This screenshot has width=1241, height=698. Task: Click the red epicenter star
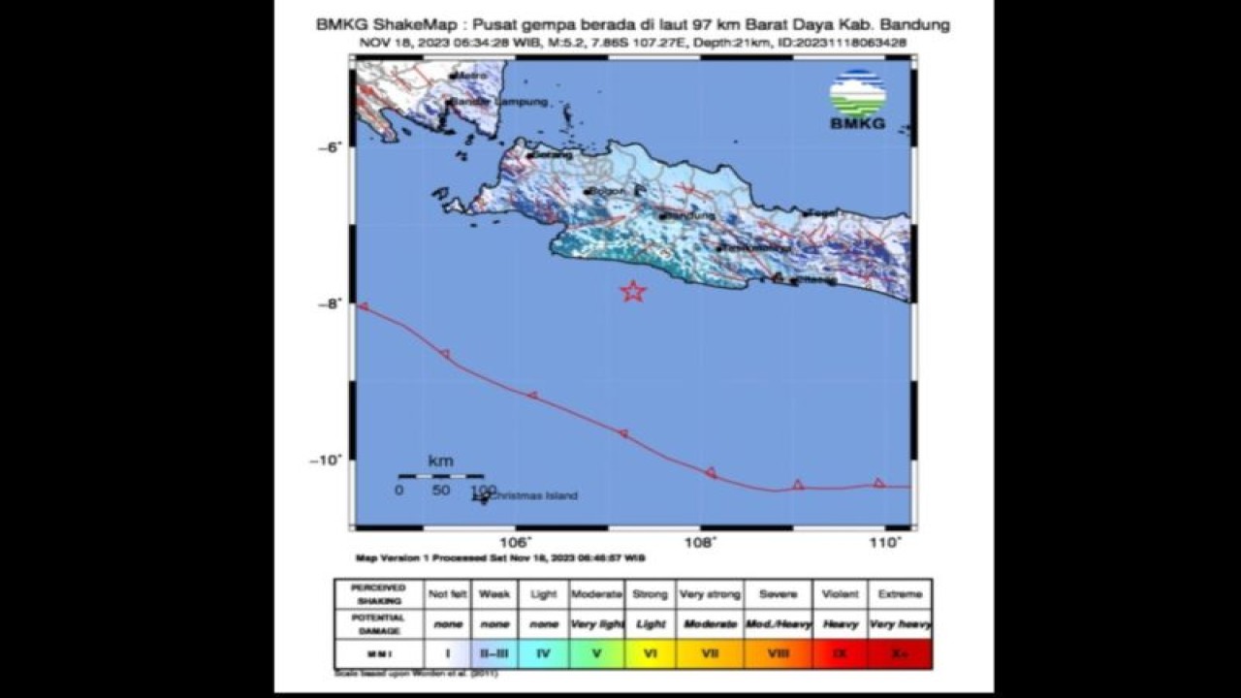(633, 291)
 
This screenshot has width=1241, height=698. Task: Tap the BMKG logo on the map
(857, 100)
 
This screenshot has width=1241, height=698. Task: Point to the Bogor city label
(607, 191)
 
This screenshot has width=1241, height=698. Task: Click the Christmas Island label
(532, 495)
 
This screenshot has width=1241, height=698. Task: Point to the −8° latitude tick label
(331, 303)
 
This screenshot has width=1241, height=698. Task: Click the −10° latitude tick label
(328, 460)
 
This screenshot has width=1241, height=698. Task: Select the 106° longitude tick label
(516, 543)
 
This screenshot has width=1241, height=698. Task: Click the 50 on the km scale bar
(440, 491)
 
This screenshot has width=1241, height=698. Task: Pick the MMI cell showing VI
(651, 653)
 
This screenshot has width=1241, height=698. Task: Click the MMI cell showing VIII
(779, 653)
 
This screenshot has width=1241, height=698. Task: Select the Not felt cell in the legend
(447, 593)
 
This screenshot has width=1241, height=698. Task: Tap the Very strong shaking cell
(710, 593)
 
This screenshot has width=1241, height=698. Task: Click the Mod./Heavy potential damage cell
(779, 623)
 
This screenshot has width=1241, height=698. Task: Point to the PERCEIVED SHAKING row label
(378, 593)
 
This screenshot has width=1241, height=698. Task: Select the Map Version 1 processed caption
(500, 558)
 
